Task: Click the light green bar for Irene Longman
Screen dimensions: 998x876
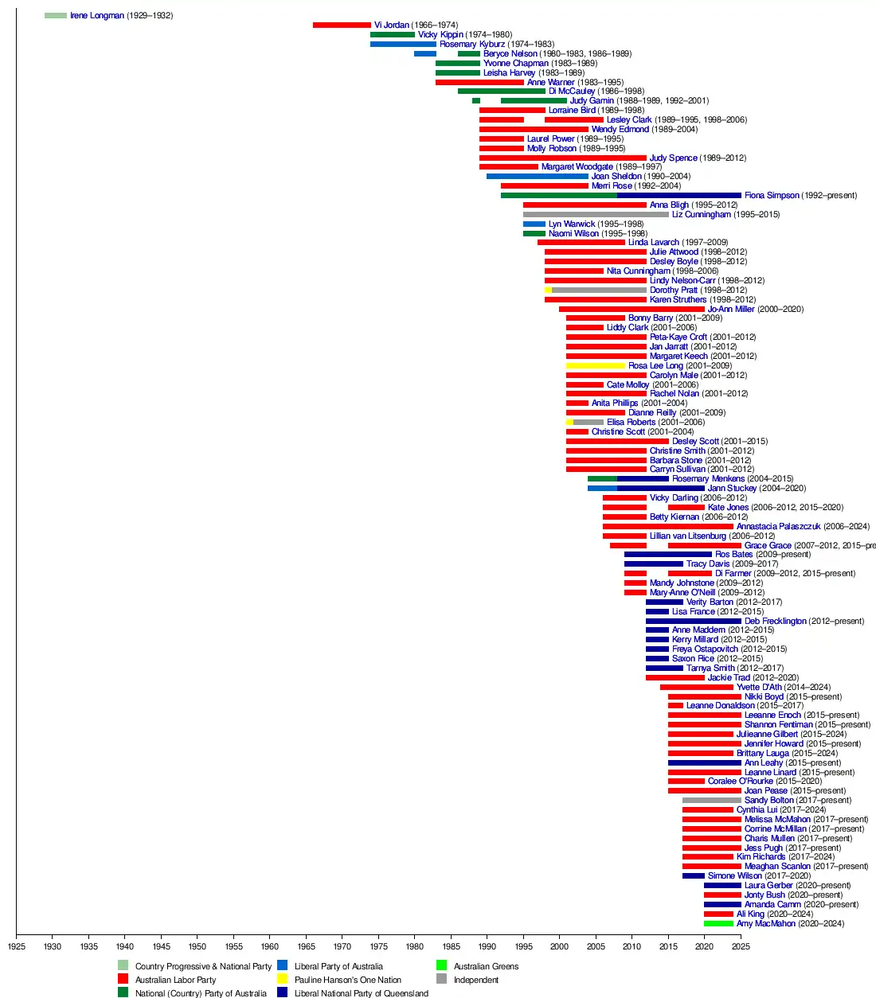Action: pos(56,16)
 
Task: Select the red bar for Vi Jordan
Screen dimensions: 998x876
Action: pos(342,25)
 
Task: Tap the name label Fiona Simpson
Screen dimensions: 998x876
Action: pos(771,196)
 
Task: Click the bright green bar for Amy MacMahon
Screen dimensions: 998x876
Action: pos(718,924)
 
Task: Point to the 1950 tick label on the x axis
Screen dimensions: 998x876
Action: pos(197,946)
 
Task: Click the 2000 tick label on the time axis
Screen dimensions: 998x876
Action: pos(559,946)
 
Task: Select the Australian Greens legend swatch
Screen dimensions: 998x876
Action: pos(441,965)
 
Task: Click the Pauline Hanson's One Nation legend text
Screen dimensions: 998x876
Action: pos(347,980)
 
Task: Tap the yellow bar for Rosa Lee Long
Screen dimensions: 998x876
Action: pos(595,366)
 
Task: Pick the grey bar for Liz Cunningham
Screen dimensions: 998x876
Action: pos(596,215)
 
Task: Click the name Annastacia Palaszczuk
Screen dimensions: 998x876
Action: pos(778,527)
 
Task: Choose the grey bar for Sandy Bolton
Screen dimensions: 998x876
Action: pos(711,801)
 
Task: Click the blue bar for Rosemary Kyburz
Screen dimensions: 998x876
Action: pos(403,45)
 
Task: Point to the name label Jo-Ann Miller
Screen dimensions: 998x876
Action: pos(730,310)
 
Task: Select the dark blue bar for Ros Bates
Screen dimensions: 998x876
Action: pos(667,555)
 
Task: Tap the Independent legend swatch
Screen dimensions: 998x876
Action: pos(441,979)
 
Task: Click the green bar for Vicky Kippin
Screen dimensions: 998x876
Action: pos(392,35)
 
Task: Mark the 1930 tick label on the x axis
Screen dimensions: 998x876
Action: pos(53,946)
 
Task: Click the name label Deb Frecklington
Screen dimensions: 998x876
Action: pos(775,622)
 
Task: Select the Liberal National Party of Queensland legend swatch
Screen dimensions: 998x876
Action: pos(282,992)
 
